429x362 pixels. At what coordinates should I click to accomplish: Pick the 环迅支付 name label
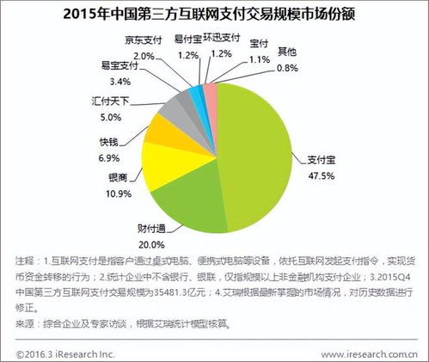point(221,40)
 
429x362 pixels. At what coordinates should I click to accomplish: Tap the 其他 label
point(289,52)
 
